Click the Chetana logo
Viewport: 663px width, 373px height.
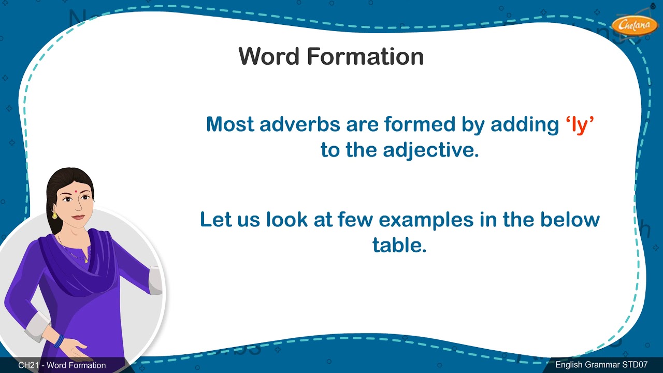point(634,25)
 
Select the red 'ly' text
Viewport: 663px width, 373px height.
point(579,124)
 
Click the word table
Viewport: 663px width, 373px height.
point(399,245)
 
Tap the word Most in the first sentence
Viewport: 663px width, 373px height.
point(230,124)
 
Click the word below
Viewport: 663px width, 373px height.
point(570,219)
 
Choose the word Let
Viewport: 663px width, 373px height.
point(217,219)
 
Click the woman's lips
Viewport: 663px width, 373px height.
point(78,217)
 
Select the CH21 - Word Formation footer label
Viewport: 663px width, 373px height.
point(62,365)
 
